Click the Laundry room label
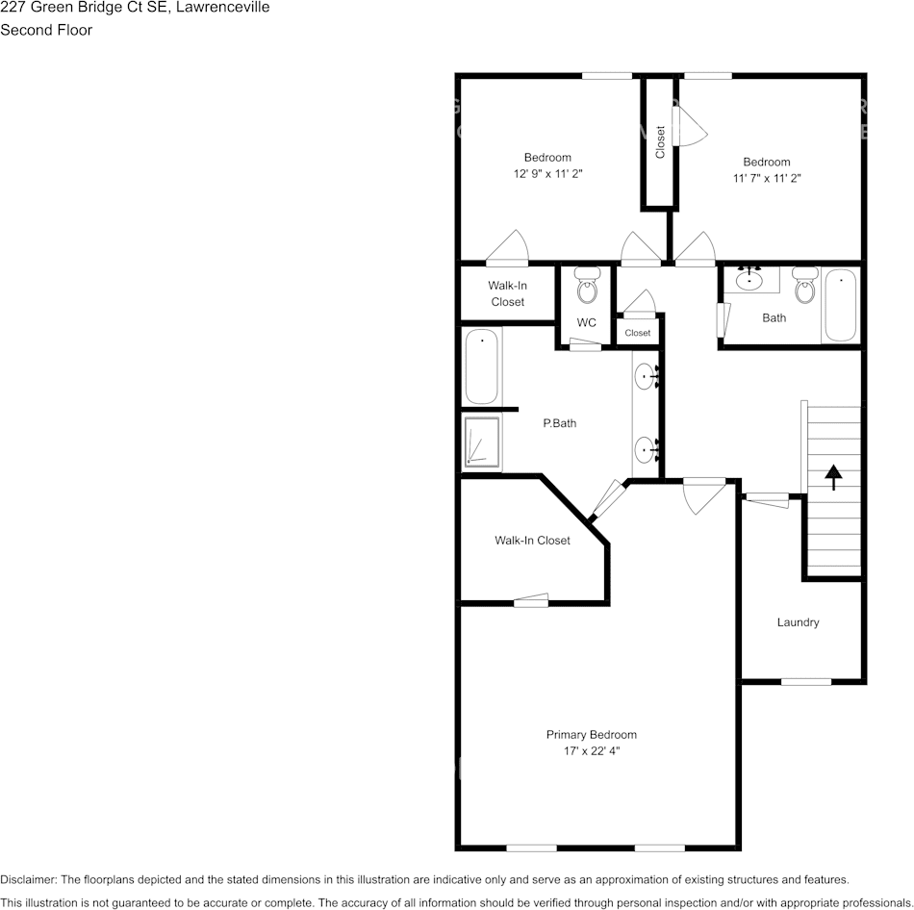coord(798,622)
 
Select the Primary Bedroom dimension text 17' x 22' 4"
coord(592,750)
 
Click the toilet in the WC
coord(587,286)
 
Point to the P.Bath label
coord(559,422)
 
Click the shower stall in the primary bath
coord(482,442)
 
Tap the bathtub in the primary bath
coord(482,367)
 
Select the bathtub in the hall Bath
coord(841,305)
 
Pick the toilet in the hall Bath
coord(804,286)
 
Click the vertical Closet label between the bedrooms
coord(660,142)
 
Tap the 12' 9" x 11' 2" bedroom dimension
coord(547,174)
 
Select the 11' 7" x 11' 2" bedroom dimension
coord(766,178)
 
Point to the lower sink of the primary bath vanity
coord(644,448)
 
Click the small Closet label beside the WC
coord(637,333)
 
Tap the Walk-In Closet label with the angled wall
coord(532,541)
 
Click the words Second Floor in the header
coord(46,30)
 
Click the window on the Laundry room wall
coord(805,682)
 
